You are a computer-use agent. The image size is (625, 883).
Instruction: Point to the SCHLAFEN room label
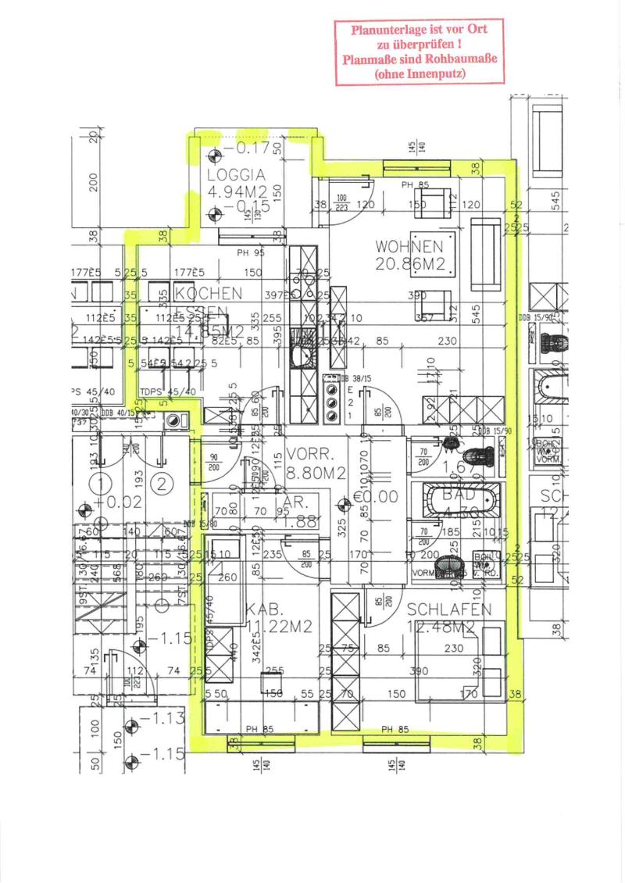[x=448, y=610]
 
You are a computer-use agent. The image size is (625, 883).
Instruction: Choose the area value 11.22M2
[x=280, y=626]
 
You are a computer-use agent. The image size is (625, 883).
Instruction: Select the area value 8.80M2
[x=316, y=472]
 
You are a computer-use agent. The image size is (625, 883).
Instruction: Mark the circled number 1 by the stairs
[x=100, y=483]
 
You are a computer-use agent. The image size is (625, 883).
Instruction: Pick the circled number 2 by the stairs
[x=161, y=483]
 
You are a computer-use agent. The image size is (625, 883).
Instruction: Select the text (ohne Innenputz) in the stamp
[x=420, y=74]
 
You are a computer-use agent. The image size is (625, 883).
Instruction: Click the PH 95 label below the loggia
[x=252, y=252]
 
